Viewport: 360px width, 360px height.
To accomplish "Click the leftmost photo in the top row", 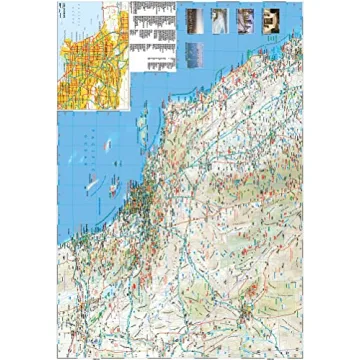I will pos(194,18).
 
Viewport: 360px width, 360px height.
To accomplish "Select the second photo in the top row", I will pos(219,18).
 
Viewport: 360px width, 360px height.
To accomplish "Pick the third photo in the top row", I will pos(244,18).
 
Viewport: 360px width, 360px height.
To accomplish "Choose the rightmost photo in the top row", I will pos(269,18).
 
